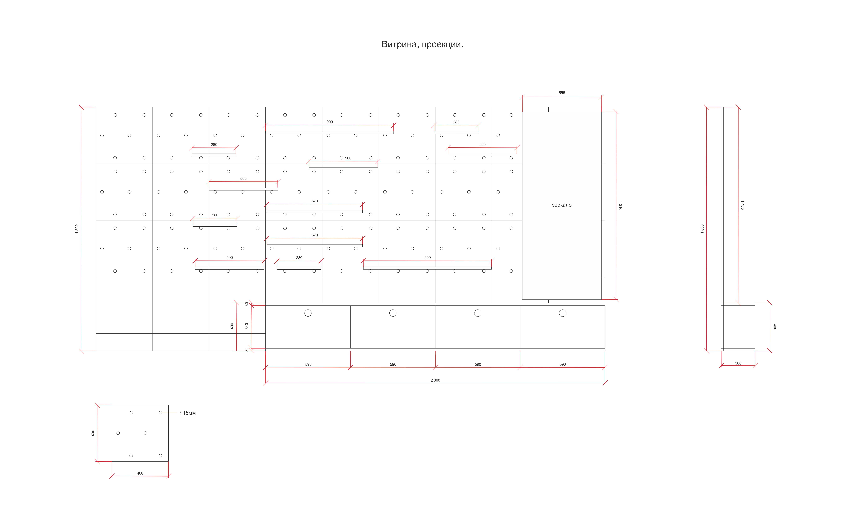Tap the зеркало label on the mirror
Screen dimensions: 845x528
pyautogui.click(x=561, y=205)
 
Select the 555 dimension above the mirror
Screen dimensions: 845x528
pyautogui.click(x=561, y=93)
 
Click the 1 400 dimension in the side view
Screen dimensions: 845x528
pyautogui.click(x=742, y=205)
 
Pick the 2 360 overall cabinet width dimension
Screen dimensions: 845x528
pyautogui.click(x=435, y=380)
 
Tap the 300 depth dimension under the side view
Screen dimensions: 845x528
pyautogui.click(x=738, y=363)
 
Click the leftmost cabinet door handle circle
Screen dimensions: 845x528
pyautogui.click(x=308, y=313)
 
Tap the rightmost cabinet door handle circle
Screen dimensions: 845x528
pyautogui.click(x=563, y=313)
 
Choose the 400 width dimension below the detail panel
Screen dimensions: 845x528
pyautogui.click(x=140, y=473)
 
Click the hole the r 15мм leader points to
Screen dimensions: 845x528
pyautogui.click(x=160, y=413)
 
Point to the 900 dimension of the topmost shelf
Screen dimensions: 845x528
pyautogui.click(x=330, y=122)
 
